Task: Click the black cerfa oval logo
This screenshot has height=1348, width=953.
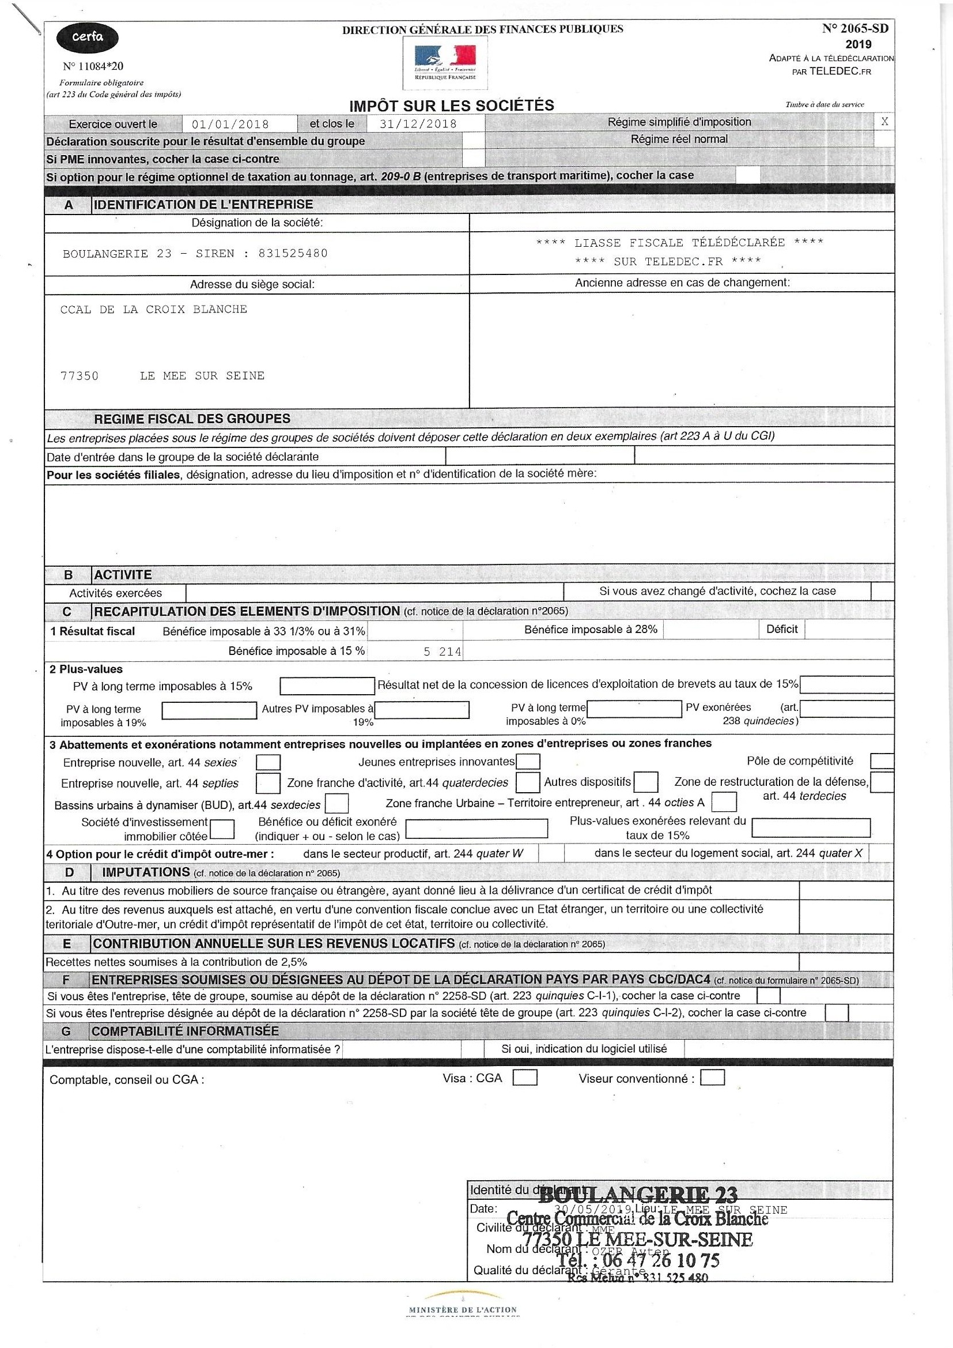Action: [87, 38]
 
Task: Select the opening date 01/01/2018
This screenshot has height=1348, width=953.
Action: [230, 125]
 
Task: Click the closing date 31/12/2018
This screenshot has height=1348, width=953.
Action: [418, 124]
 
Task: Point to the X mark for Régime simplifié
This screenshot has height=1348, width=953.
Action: [884, 122]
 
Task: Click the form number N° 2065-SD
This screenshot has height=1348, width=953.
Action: [855, 28]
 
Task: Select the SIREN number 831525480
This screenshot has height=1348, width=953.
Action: [293, 254]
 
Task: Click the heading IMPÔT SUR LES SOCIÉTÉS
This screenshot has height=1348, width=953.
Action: [451, 106]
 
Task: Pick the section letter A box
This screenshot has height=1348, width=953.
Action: [69, 205]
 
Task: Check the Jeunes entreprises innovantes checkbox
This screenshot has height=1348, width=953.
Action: [528, 762]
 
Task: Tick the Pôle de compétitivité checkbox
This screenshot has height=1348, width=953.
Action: [882, 762]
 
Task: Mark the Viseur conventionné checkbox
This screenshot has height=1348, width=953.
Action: [712, 1078]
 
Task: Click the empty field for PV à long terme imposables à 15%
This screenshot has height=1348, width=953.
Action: [327, 686]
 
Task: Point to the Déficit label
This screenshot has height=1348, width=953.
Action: [782, 630]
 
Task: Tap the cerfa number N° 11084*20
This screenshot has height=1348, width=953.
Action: [93, 66]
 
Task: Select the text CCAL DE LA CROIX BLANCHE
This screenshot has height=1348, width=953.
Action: [154, 310]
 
